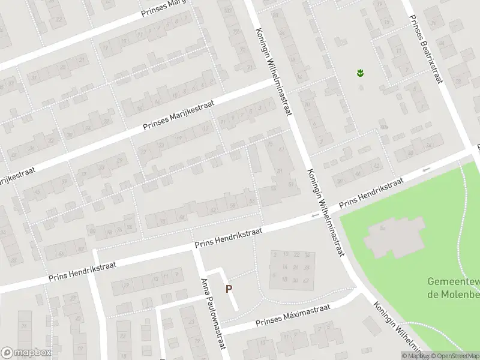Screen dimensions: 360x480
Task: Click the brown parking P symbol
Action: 229,289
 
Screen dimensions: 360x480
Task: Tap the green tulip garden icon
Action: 361,74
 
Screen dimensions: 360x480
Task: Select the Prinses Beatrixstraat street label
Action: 424,42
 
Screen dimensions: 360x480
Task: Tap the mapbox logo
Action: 26,353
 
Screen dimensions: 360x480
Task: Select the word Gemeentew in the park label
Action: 453,282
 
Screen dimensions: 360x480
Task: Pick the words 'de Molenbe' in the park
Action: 453,294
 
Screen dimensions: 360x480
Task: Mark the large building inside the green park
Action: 394,235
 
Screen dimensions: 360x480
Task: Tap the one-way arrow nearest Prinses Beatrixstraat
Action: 427,170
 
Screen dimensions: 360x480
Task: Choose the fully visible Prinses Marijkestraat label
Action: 179,116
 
